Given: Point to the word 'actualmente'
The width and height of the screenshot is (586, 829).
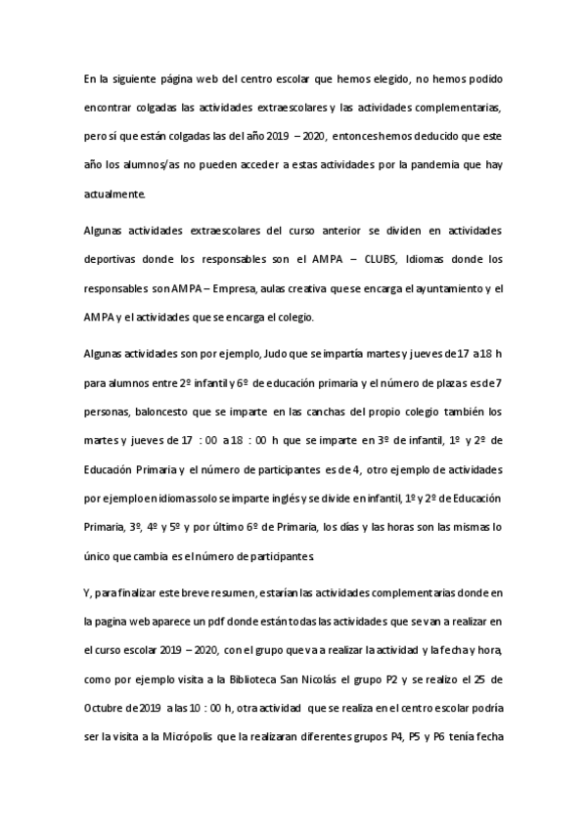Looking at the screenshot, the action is (113, 195).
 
